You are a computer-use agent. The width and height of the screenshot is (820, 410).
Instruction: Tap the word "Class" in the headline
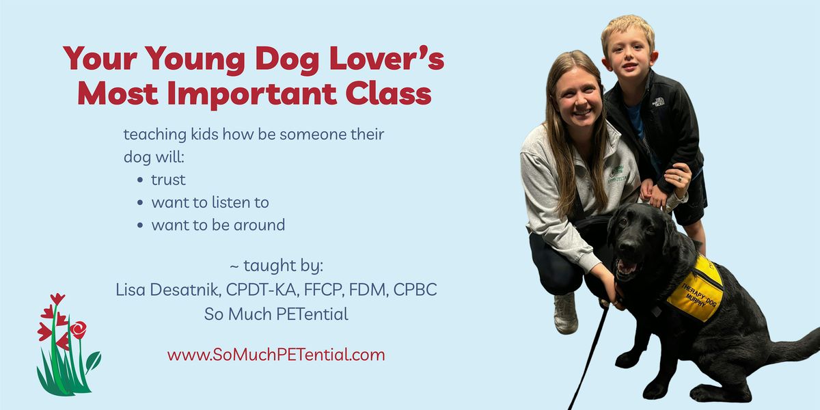click(388, 93)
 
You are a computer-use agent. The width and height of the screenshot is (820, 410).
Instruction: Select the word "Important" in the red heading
click(252, 94)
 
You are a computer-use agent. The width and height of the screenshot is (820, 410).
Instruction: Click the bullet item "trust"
click(168, 180)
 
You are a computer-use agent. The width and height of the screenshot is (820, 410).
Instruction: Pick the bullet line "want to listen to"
click(210, 202)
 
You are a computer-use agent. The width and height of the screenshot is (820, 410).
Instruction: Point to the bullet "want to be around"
click(218, 225)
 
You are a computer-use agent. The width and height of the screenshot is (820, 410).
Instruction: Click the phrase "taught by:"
click(284, 266)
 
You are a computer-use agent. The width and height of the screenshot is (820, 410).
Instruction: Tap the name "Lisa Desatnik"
click(168, 290)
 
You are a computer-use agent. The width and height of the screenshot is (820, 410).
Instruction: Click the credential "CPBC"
click(415, 290)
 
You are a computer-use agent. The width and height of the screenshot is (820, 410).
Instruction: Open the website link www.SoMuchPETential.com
click(276, 355)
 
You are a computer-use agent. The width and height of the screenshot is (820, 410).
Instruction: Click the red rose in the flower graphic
click(79, 329)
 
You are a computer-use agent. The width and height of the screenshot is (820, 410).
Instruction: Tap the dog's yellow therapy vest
click(695, 289)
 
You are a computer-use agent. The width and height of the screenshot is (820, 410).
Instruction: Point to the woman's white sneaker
click(566, 314)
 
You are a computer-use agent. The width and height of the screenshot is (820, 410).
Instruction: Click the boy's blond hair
click(627, 29)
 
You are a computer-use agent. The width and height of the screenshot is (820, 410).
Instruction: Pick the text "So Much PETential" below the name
click(276, 314)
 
